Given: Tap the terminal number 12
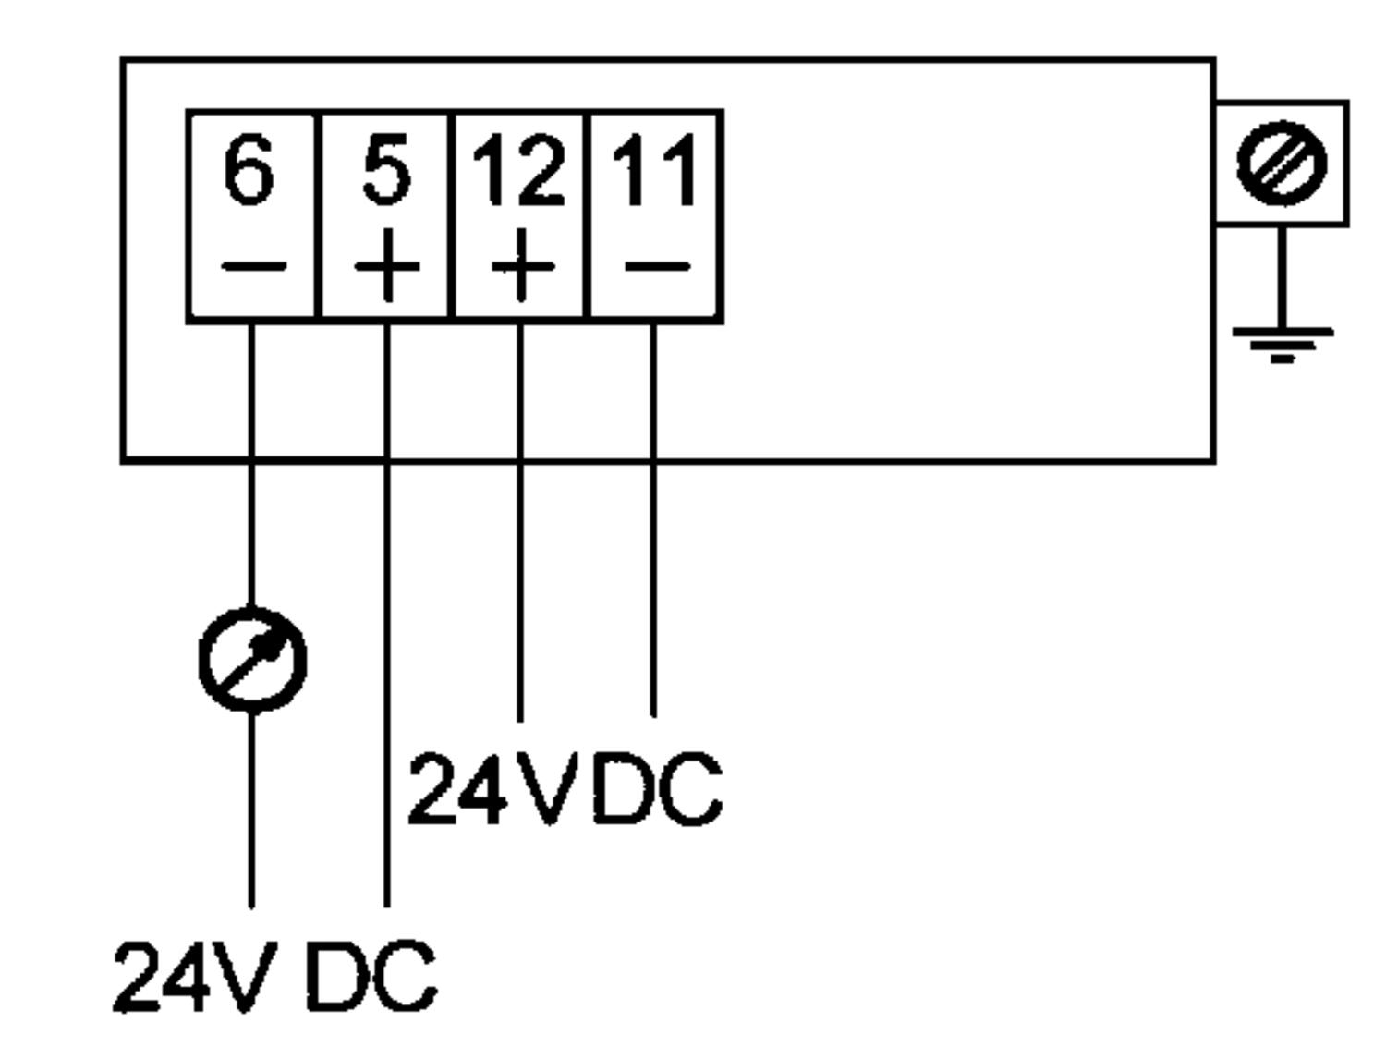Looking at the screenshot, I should click(x=518, y=170).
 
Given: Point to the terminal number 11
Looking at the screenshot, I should click(x=654, y=170).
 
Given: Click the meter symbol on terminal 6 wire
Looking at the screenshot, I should click(x=252, y=660).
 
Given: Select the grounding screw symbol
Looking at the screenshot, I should click(x=1281, y=164).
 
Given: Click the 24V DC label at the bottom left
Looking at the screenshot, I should click(x=274, y=977).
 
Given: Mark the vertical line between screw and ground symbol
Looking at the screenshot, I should click(x=1282, y=277).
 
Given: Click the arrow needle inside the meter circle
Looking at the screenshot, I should click(x=256, y=658).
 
